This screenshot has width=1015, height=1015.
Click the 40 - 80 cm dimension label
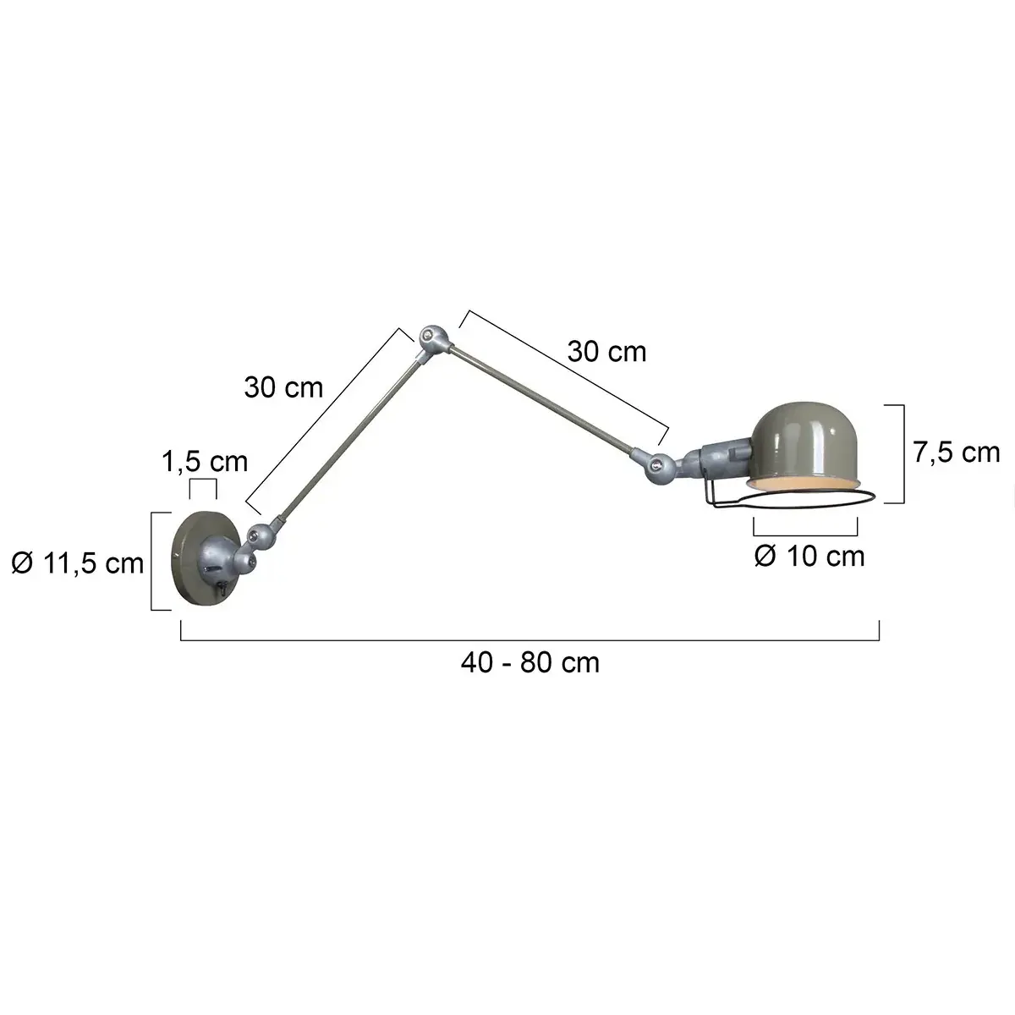click(530, 661)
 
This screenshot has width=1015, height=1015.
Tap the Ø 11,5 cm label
click(78, 562)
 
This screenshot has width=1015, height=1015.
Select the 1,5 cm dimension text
click(205, 461)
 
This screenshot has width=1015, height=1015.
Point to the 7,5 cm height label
click(956, 453)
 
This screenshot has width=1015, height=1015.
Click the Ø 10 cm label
click(809, 557)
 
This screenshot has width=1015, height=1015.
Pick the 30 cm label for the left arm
click(283, 387)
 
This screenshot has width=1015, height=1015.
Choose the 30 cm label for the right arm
click(606, 351)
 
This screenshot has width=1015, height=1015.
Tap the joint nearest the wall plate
click(260, 535)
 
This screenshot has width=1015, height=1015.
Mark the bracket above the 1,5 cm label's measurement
click(203, 481)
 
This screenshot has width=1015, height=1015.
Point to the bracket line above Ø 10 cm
click(805, 534)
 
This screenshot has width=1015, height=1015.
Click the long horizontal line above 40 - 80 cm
click(530, 641)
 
